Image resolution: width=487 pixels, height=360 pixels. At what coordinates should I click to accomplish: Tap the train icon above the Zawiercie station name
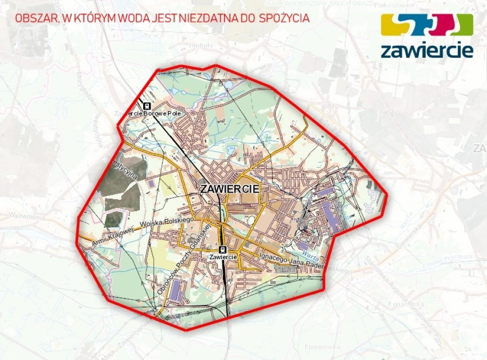222,249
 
